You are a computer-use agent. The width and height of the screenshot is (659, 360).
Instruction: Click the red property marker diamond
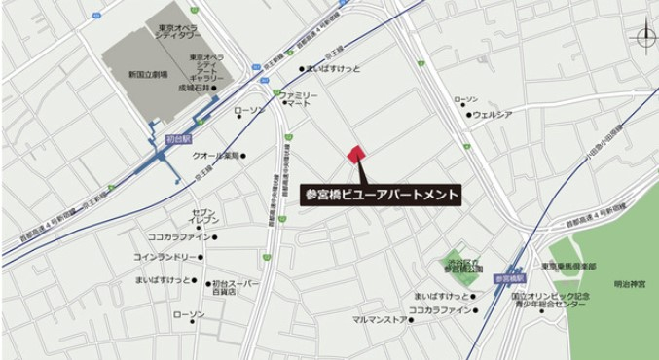pos(355,154)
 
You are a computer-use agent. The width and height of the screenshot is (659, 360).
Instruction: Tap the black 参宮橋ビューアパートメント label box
pos(381,193)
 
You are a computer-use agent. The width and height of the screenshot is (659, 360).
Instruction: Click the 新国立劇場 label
pos(148,74)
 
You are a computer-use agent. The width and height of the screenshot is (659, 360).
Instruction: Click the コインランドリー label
pos(167,257)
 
